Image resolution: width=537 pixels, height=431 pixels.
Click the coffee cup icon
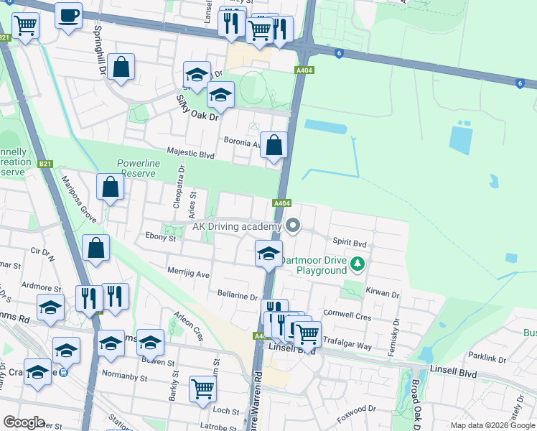point(69,15)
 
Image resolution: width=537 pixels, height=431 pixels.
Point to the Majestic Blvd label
point(190,152)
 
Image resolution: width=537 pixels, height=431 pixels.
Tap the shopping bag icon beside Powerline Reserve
point(111,188)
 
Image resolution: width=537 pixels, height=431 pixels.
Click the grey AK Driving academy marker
point(292,226)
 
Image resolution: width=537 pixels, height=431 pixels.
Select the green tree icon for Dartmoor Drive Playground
point(358,266)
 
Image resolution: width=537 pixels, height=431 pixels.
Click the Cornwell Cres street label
point(347,315)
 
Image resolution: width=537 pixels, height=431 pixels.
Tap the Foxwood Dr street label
point(356,409)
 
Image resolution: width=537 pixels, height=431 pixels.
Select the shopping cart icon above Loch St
point(202,389)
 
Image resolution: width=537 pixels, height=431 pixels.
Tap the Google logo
point(24,422)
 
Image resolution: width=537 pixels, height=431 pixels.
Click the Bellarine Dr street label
point(238,295)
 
